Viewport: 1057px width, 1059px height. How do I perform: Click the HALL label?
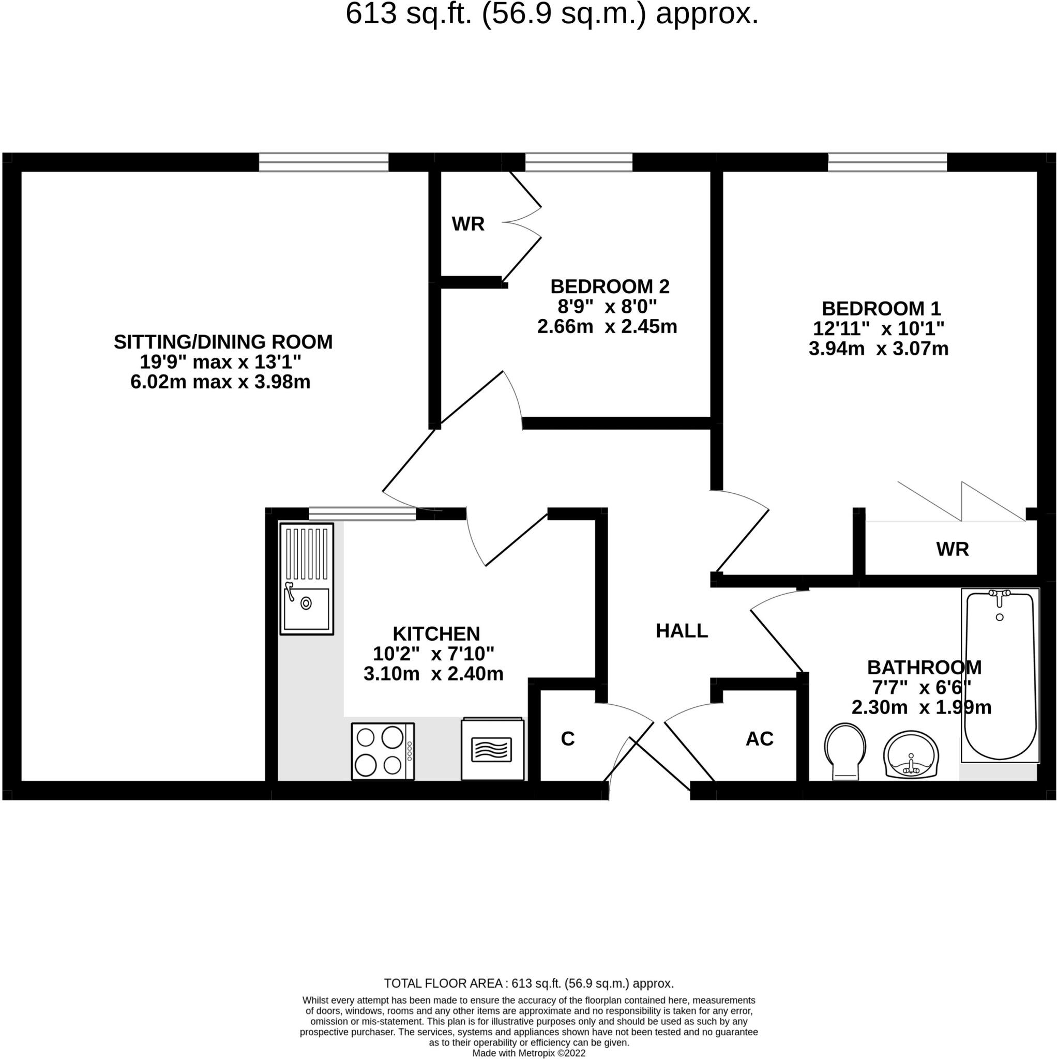click(682, 631)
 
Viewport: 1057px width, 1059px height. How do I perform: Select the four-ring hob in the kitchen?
click(382, 750)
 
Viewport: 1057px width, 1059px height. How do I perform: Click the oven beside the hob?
click(492, 749)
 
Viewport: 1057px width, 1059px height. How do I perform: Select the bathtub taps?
click(999, 595)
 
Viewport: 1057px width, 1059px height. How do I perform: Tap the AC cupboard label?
click(759, 739)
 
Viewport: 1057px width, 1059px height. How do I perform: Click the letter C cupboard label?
click(567, 739)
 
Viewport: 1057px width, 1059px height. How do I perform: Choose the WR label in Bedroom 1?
click(953, 549)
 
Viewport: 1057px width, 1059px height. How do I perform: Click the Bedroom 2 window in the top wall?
click(578, 162)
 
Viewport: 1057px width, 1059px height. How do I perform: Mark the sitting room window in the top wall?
click(323, 162)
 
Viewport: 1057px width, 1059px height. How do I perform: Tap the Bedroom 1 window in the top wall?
click(887, 162)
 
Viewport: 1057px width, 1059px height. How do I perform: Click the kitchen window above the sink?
click(363, 513)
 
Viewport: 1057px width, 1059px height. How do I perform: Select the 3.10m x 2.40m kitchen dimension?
click(433, 674)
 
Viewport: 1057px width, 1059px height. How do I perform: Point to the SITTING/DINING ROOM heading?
click(223, 341)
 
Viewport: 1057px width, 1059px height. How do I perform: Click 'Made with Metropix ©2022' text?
click(528, 1053)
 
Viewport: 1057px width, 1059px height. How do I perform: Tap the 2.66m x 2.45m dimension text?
click(607, 327)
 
